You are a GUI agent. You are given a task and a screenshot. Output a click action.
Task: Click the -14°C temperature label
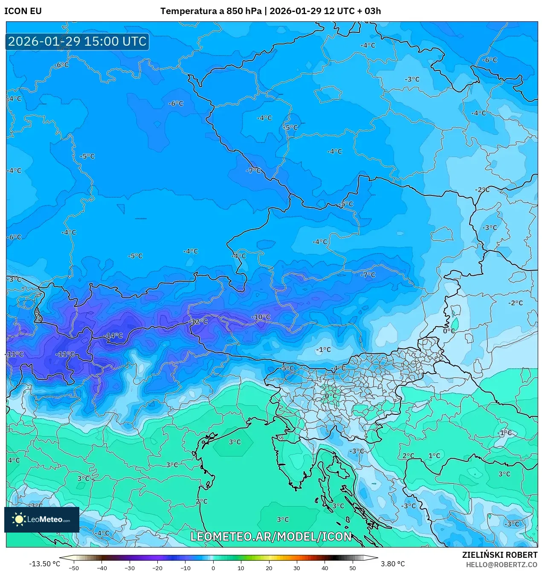click(x=114, y=336)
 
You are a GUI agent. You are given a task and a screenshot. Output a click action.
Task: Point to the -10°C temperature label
click(x=261, y=317)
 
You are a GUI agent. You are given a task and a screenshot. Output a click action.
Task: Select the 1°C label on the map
click(x=434, y=456)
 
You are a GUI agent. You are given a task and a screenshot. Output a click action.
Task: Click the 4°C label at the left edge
click(x=14, y=460)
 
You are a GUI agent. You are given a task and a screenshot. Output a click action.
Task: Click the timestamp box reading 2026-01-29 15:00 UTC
click(x=77, y=42)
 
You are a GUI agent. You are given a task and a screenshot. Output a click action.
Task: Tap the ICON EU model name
click(x=23, y=11)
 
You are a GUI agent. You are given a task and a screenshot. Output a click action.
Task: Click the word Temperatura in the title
click(x=188, y=11)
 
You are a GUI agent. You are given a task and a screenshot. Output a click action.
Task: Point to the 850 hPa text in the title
click(x=244, y=11)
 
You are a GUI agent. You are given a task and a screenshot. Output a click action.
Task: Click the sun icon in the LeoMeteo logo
click(x=19, y=519)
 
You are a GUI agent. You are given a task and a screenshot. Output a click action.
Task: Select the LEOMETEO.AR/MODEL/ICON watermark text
click(x=271, y=536)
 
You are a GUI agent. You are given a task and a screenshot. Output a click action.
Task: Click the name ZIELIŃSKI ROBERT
click(x=500, y=555)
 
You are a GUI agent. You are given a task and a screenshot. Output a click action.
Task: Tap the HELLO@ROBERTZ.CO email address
click(x=501, y=564)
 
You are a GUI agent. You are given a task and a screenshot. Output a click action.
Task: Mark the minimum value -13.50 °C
click(x=44, y=564)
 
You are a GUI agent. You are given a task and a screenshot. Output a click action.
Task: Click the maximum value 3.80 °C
click(x=393, y=564)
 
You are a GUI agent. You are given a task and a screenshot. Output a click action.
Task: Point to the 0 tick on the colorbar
click(x=213, y=568)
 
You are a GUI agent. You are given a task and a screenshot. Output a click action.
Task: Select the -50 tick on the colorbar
click(x=74, y=568)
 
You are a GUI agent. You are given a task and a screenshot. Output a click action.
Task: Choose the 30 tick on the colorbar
click(x=297, y=568)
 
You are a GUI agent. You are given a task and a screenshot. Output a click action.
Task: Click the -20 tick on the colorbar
click(x=157, y=568)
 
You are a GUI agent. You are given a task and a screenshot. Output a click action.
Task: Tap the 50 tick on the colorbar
click(x=353, y=568)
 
